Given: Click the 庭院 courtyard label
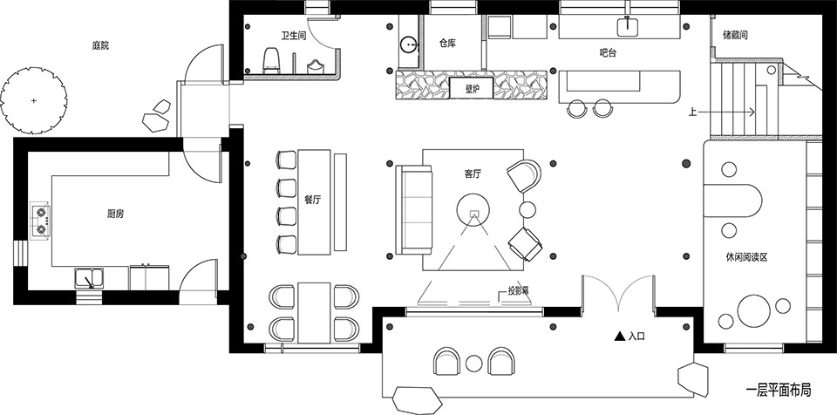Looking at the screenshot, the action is pos(100,46).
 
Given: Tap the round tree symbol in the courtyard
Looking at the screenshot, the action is pos(34,100).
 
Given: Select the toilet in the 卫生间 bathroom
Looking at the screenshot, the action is pos(272,60).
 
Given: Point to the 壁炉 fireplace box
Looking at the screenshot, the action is pos(471,88).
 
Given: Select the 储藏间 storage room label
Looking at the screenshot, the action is pos(735,35).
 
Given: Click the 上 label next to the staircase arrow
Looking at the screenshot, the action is pos(692,112).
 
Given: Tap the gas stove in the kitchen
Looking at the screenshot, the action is pos(41,220).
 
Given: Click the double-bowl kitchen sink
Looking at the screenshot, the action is pos(90,279).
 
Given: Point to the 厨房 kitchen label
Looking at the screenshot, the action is pos(115,214).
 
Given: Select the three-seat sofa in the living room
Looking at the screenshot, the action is pos(413,209).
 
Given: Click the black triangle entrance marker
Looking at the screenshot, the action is pos(619,336).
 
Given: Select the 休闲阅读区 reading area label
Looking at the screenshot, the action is pos(746,257).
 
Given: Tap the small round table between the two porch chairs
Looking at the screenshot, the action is pos(473,364).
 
